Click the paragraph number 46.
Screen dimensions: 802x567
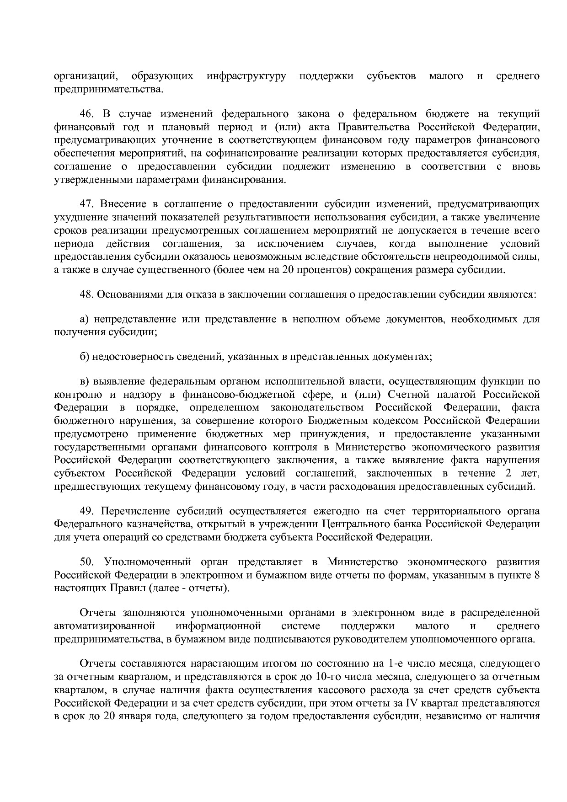[86, 113]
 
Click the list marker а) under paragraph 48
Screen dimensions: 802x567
[84, 319]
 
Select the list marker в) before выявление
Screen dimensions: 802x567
[84, 381]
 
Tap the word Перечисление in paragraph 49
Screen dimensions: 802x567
[129, 511]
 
